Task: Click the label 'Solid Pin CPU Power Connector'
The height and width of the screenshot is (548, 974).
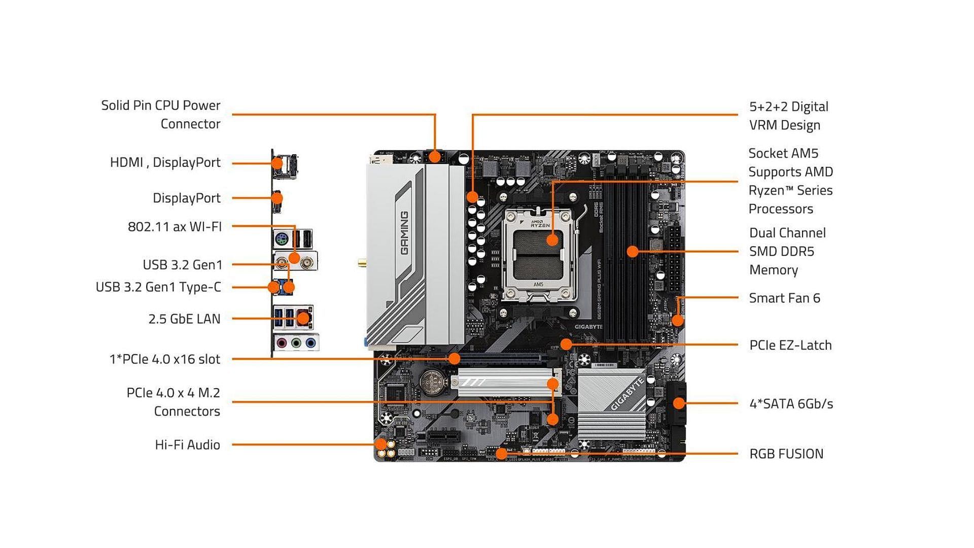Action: pos(161,115)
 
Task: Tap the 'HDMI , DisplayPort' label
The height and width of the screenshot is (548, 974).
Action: pos(165,162)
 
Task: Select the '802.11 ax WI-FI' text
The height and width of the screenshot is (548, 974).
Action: pos(175,226)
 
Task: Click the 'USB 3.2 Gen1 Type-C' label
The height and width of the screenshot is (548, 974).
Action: pos(158,287)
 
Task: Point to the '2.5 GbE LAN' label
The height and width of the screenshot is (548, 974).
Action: pos(184,319)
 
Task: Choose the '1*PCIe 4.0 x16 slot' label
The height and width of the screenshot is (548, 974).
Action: pos(165,359)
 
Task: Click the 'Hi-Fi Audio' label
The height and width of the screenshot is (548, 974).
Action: pos(187,445)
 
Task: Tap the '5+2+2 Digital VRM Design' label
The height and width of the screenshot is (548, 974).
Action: pos(788,116)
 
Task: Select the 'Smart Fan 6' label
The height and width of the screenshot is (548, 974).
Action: pos(784,298)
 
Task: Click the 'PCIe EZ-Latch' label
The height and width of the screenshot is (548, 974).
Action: pos(790,345)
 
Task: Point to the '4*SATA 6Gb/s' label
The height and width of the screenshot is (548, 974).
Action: pos(791,404)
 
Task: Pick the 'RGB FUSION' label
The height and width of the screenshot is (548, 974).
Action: pos(786,454)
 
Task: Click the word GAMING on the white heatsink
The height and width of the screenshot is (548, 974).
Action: pos(404,233)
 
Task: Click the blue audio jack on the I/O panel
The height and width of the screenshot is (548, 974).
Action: pos(311,344)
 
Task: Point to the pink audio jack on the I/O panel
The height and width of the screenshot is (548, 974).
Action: pos(281,344)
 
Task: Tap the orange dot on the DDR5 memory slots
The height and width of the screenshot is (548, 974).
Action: pos(632,251)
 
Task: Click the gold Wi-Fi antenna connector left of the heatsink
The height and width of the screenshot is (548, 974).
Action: pos(362,263)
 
